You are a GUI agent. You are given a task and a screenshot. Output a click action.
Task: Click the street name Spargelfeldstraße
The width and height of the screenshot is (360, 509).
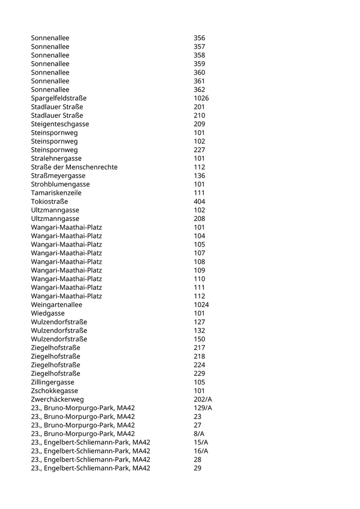pos(59,98)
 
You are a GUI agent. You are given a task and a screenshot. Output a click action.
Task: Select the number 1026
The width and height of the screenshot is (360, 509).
pos(201,98)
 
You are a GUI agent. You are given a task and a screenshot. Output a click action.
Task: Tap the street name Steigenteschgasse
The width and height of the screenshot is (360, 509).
pos(60,124)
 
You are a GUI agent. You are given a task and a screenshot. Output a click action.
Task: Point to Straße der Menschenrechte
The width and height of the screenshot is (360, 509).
pos(74,167)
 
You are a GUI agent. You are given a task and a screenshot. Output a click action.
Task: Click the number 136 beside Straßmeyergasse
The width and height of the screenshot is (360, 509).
pos(199,176)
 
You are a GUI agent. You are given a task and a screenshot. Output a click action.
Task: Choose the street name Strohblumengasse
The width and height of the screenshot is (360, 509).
pos(60,184)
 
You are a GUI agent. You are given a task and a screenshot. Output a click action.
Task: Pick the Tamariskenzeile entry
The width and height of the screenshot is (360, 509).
pos(56,193)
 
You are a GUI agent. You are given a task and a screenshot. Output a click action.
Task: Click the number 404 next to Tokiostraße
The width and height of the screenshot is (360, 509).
pos(199,202)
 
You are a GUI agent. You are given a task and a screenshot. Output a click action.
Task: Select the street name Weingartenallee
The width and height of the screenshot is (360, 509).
pos(57,305)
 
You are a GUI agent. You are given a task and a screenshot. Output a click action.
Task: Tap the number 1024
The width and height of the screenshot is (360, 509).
pos(201,305)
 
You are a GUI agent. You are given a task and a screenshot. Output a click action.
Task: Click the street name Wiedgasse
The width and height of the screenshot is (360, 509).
pos(48,313)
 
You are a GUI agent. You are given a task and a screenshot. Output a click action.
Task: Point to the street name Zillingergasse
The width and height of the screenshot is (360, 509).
pos(52,382)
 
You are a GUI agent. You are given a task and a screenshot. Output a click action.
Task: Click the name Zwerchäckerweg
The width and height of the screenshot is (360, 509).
pos(57,399)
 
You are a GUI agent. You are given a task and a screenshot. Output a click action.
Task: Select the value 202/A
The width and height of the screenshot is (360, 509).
pos(203,399)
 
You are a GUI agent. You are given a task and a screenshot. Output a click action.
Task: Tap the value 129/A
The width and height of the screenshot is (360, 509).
pos(203,408)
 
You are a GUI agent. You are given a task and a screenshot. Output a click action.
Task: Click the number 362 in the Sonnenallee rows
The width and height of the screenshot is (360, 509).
pos(199,89)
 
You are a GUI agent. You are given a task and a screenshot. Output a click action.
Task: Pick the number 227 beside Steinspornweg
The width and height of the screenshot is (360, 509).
pos(199,150)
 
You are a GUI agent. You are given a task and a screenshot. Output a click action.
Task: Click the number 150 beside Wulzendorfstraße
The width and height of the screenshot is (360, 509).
pos(199,339)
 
